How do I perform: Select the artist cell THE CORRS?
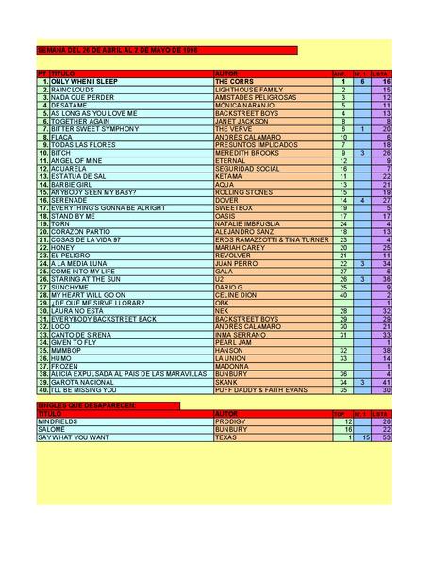coord(235,82)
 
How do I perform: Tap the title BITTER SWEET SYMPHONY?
coord(93,128)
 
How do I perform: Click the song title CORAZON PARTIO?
coord(79,230)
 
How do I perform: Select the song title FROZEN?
coord(64,365)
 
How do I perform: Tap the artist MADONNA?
coord(232,365)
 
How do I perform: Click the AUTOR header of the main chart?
coord(225,73)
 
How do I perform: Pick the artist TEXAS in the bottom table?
coord(226,437)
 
